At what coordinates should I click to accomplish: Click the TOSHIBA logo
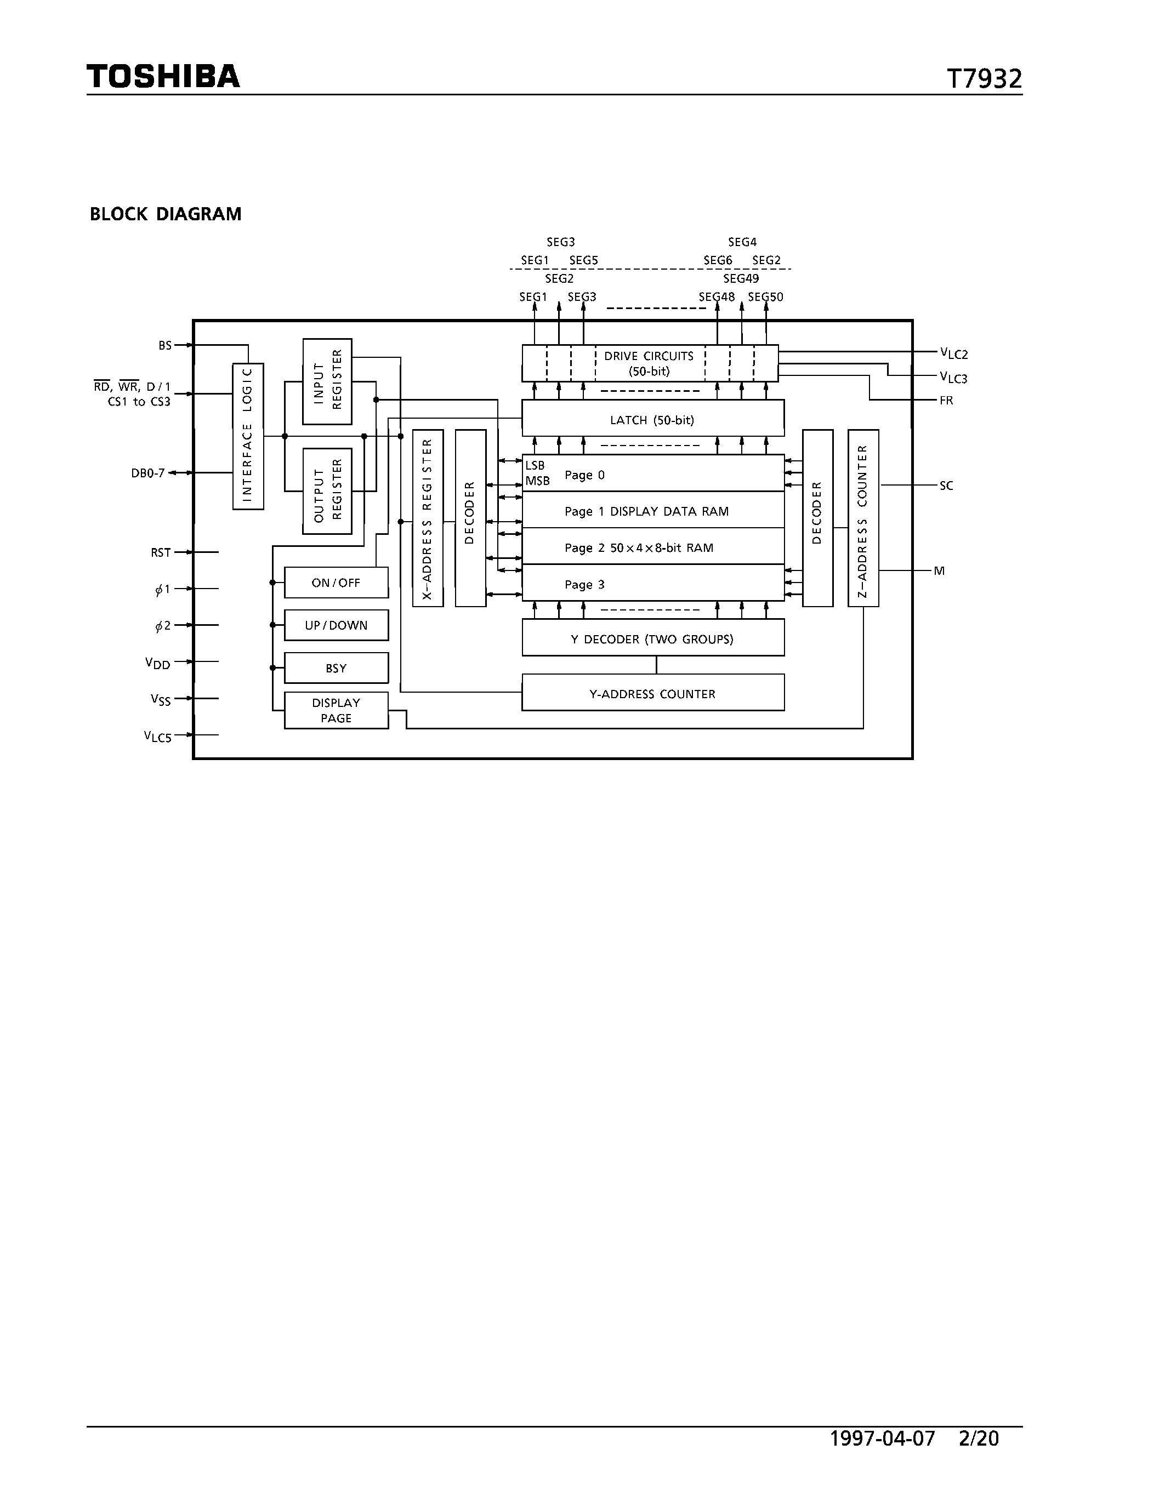pyautogui.click(x=163, y=76)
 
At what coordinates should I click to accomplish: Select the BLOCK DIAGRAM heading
pyautogui.click(x=166, y=214)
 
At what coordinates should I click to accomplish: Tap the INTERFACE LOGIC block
pyautogui.click(x=248, y=436)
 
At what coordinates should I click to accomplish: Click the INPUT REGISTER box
pyautogui.click(x=327, y=381)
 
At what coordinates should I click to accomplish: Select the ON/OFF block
pyautogui.click(x=336, y=583)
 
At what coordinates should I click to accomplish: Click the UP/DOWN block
pyautogui.click(x=336, y=625)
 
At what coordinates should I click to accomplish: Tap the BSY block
pyautogui.click(x=336, y=668)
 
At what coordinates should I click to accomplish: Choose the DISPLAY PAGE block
pyautogui.click(x=336, y=710)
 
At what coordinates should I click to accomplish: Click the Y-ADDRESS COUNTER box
pyautogui.click(x=652, y=693)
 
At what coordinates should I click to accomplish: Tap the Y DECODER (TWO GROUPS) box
pyautogui.click(x=652, y=638)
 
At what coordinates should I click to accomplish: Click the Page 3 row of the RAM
pyautogui.click(x=652, y=584)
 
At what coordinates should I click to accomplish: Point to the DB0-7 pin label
pyautogui.click(x=147, y=473)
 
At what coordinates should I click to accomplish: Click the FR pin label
pyautogui.click(x=946, y=400)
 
